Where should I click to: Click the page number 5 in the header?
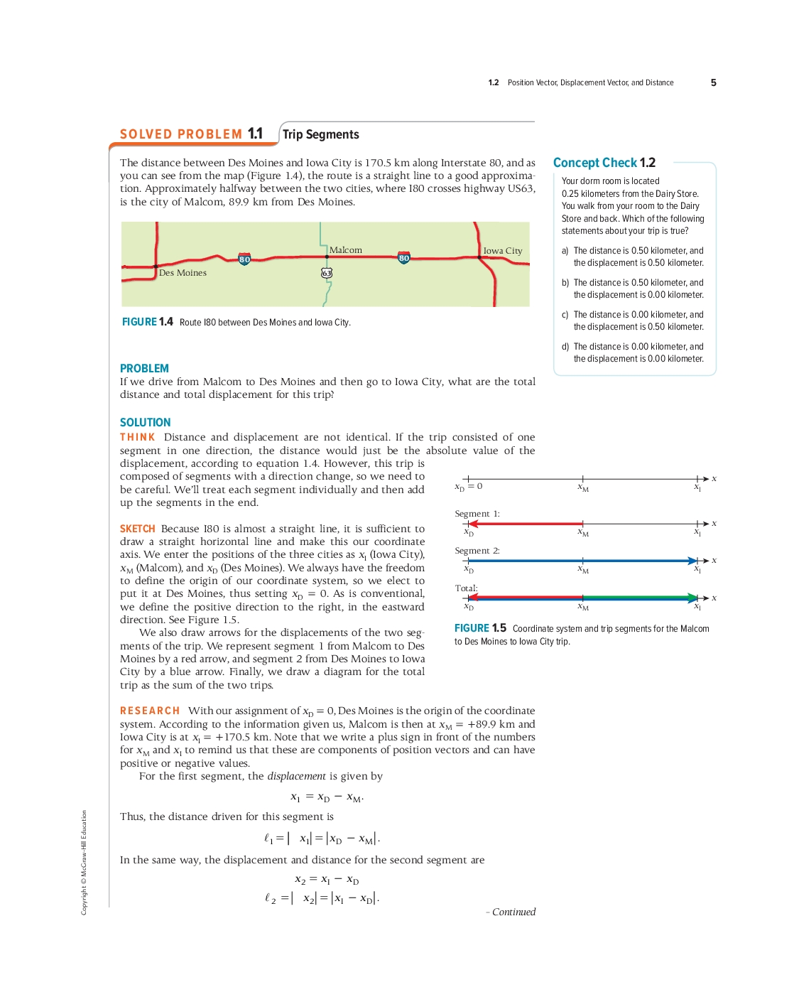713,82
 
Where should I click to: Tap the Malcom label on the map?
346,250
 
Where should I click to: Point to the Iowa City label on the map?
503,251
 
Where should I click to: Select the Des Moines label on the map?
183,273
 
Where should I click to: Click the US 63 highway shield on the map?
327,273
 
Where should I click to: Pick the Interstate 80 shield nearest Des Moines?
244,259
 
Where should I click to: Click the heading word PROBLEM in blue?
144,368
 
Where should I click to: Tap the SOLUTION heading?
145,422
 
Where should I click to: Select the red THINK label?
137,437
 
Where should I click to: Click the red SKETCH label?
137,529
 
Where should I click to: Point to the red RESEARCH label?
150,711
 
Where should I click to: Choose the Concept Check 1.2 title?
604,163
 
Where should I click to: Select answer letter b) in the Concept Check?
565,283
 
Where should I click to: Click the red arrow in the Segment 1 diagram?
526,524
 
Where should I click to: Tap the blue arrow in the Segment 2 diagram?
582,561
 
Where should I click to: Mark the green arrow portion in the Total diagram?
639,598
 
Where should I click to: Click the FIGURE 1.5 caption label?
480,628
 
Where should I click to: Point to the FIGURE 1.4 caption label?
148,322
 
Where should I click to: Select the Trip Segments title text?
321,134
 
